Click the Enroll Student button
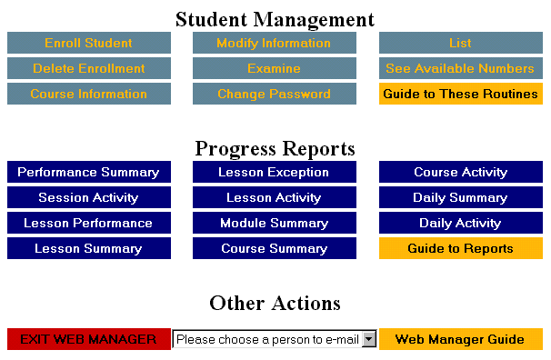click(88, 43)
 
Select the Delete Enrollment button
click(88, 68)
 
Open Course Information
click(88, 94)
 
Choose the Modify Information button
click(274, 43)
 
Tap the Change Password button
click(274, 94)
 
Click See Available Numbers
click(460, 68)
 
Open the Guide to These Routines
click(460, 94)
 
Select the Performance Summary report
click(88, 172)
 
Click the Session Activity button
click(88, 197)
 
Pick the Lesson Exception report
click(274, 172)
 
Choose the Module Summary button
click(274, 223)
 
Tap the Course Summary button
click(274, 248)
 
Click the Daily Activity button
click(460, 223)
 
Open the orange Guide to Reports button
click(460, 248)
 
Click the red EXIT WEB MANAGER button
click(88, 339)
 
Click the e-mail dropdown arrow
click(368, 339)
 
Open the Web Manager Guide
click(460, 339)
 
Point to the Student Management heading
click(275, 19)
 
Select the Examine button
click(274, 68)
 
